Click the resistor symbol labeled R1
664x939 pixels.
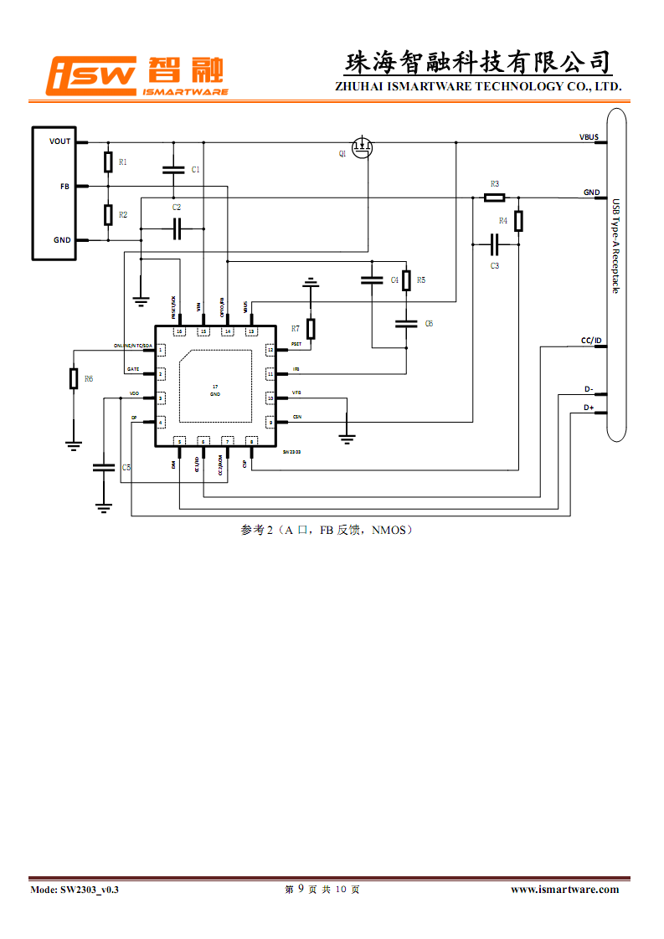point(108,162)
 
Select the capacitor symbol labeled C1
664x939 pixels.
point(173,169)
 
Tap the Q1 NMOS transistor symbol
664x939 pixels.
point(362,149)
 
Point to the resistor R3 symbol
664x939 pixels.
point(494,198)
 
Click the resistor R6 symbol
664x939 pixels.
point(74,378)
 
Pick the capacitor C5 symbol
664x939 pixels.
point(104,466)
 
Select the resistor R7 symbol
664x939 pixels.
point(311,328)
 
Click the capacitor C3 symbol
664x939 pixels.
point(494,244)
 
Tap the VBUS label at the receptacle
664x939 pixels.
point(589,136)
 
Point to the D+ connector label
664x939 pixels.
point(589,408)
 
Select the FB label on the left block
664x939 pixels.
point(64,186)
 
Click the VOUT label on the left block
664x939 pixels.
point(60,141)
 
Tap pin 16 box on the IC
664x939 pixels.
point(179,331)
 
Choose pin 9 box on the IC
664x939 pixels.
point(270,422)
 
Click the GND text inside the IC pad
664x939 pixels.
point(215,393)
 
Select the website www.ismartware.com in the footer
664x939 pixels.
point(564,889)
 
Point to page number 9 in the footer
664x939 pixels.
point(301,889)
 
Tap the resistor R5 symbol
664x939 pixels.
point(406,280)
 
